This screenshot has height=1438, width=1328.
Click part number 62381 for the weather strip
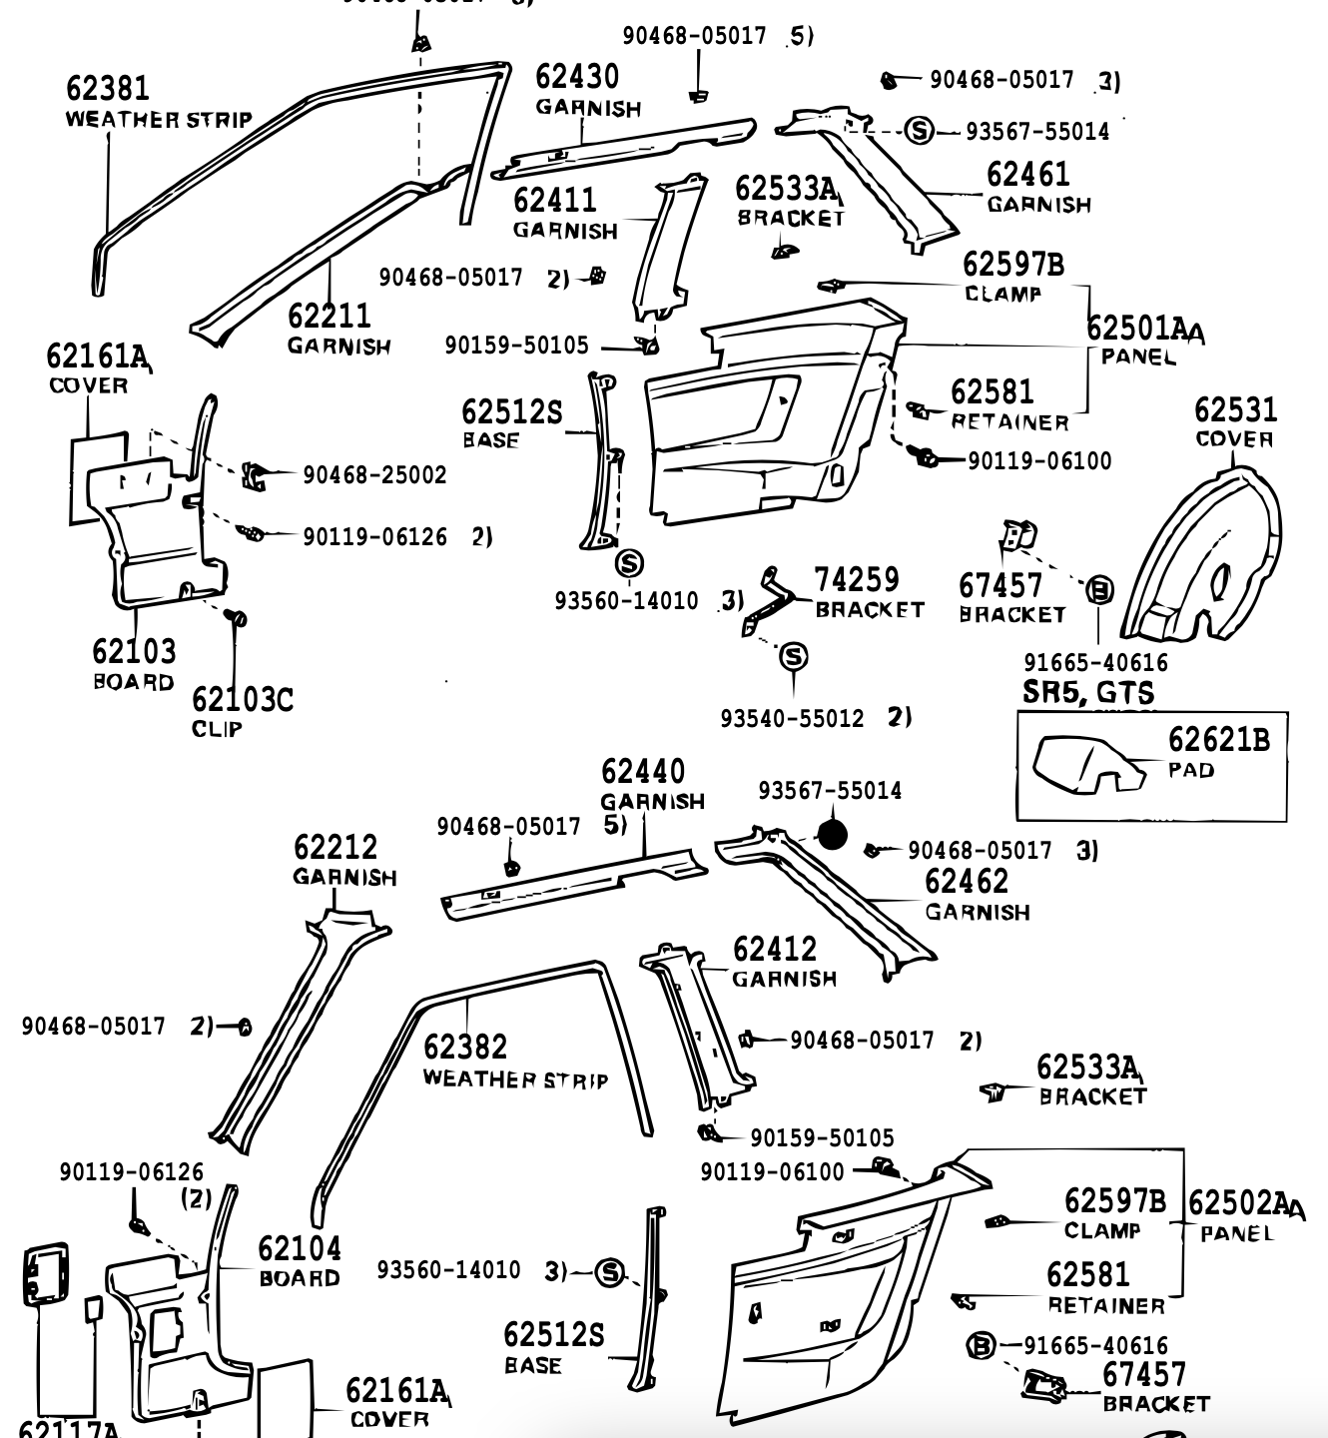click(x=108, y=89)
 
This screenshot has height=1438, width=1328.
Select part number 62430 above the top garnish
click(x=577, y=77)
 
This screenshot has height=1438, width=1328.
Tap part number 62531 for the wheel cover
click(x=1236, y=410)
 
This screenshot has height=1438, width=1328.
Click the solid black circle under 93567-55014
click(x=832, y=834)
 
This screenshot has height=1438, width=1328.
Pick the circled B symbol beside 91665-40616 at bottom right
click(x=981, y=1346)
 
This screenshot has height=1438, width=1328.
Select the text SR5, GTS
click(x=1088, y=692)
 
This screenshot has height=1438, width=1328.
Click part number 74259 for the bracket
click(x=857, y=580)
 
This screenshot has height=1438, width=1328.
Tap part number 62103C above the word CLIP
click(x=243, y=700)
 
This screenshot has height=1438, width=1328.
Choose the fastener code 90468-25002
click(x=374, y=475)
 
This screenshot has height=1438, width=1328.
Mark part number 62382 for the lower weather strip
click(x=465, y=1048)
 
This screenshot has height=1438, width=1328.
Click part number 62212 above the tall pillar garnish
click(x=335, y=848)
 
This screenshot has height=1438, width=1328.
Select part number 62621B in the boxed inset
click(x=1219, y=740)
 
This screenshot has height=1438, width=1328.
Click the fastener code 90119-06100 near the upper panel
click(x=1038, y=460)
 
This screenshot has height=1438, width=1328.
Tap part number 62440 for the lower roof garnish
click(x=643, y=772)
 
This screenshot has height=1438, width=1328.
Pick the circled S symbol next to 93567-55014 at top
click(x=919, y=130)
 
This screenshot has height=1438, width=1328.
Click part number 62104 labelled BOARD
click(x=300, y=1249)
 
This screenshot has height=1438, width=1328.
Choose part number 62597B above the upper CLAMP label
click(x=1013, y=265)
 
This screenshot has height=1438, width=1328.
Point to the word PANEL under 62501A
click(x=1138, y=357)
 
